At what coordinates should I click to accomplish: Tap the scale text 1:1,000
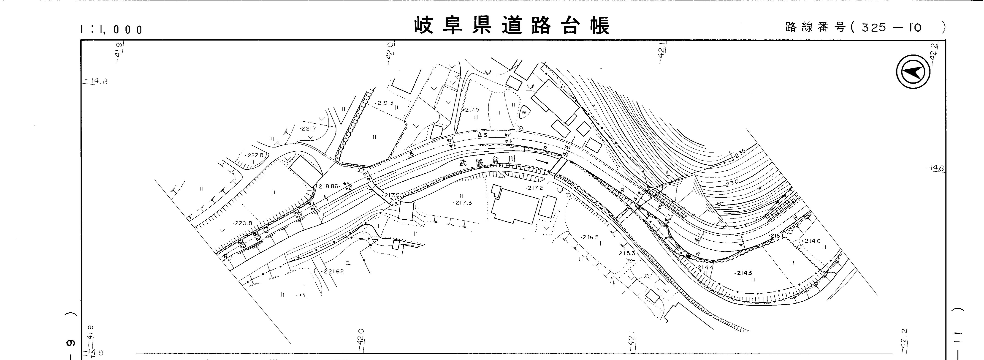[111, 29]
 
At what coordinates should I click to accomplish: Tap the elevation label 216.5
[590, 237]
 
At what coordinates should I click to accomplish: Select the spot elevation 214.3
[743, 273]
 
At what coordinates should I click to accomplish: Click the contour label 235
[740, 153]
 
